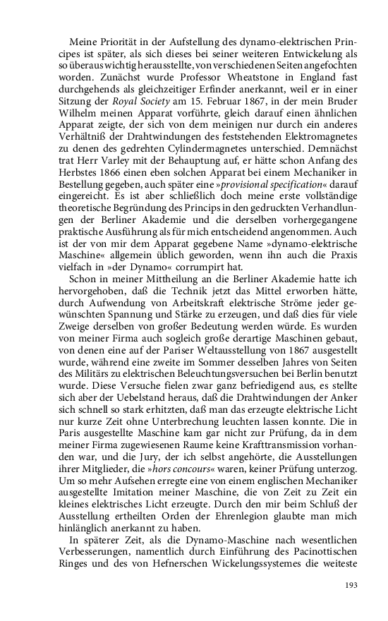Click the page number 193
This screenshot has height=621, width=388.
[x=352, y=584]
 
